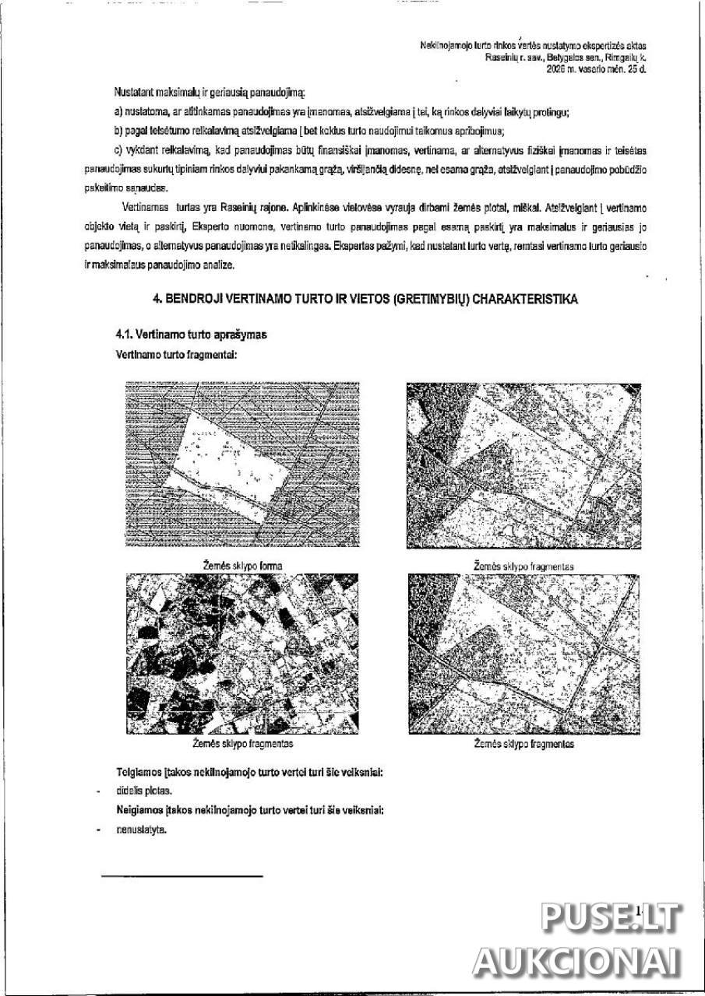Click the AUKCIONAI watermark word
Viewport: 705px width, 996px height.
point(576,963)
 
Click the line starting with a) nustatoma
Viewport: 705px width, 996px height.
point(341,113)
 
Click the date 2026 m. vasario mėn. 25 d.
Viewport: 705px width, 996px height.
point(597,68)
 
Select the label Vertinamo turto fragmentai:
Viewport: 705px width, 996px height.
point(176,353)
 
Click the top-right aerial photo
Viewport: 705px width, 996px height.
point(523,465)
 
